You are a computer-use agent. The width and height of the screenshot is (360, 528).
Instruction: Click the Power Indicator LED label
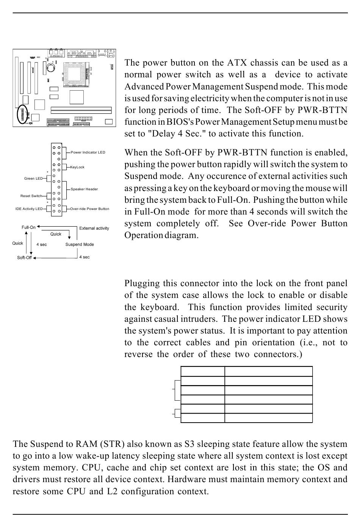point(88,152)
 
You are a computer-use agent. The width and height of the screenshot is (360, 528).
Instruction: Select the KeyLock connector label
point(77,167)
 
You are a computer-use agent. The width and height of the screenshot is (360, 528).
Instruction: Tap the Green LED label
point(34,179)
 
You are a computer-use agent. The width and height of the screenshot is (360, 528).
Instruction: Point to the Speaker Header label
point(84,189)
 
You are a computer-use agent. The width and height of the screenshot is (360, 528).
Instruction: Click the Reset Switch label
point(31,196)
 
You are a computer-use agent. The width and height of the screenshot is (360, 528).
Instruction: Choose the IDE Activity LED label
point(29,209)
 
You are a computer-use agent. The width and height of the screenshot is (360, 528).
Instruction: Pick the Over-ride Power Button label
point(89,209)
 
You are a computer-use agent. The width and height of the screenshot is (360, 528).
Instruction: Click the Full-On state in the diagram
point(28,227)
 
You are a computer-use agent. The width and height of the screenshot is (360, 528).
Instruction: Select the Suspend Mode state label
point(80,244)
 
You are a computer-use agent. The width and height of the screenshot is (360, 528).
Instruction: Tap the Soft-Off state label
point(24,258)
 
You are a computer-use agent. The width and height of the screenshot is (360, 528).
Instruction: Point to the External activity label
point(94,228)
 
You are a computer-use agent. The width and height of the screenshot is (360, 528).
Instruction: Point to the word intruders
point(200,319)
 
